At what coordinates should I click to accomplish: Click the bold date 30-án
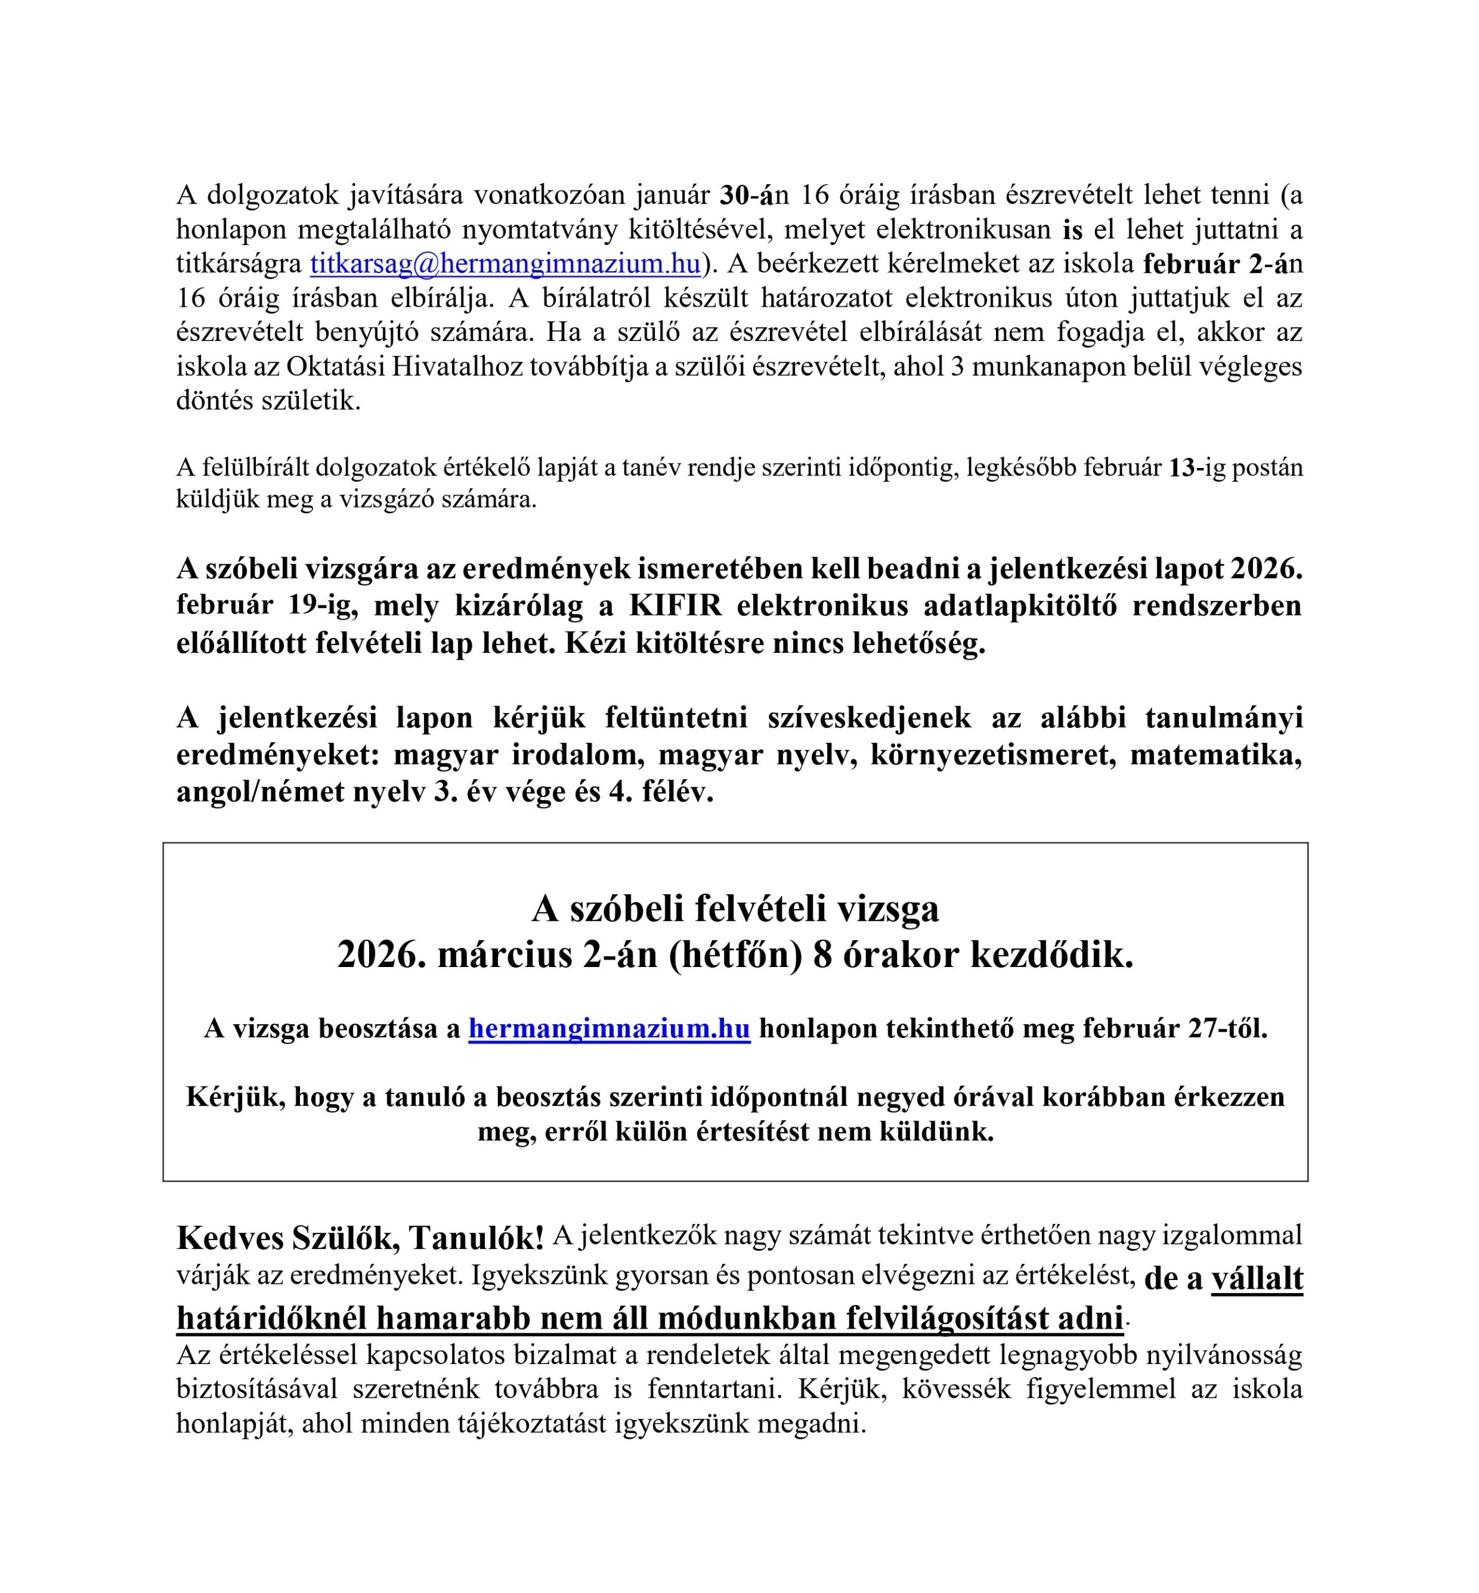point(747,194)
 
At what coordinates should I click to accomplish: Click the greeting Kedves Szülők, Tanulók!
point(360,1238)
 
